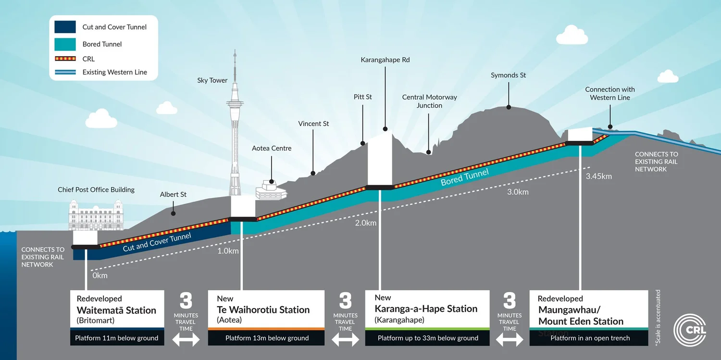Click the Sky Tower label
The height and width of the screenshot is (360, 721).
[212, 80]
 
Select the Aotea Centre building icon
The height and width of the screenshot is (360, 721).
[271, 189]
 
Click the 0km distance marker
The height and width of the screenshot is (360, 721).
[99, 275]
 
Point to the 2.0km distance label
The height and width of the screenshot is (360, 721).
[365, 223]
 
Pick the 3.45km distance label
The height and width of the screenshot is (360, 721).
[598, 176]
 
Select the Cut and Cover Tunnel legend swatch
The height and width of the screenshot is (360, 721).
[65, 27]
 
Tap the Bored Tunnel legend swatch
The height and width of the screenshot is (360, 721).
[65, 44]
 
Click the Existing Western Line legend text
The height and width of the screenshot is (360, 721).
[114, 72]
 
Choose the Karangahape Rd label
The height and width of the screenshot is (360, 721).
[385, 60]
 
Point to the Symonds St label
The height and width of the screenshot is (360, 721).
[508, 75]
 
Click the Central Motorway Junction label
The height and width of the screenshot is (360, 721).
[429, 101]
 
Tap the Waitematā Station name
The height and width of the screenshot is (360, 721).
[116, 310]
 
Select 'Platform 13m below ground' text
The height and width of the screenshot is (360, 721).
[267, 338]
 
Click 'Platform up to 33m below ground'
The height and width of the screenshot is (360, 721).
[428, 338]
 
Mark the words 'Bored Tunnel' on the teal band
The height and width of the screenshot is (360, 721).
[465, 176]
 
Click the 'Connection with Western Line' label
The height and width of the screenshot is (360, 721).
[609, 93]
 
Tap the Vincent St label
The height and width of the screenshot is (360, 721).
[313, 124]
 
